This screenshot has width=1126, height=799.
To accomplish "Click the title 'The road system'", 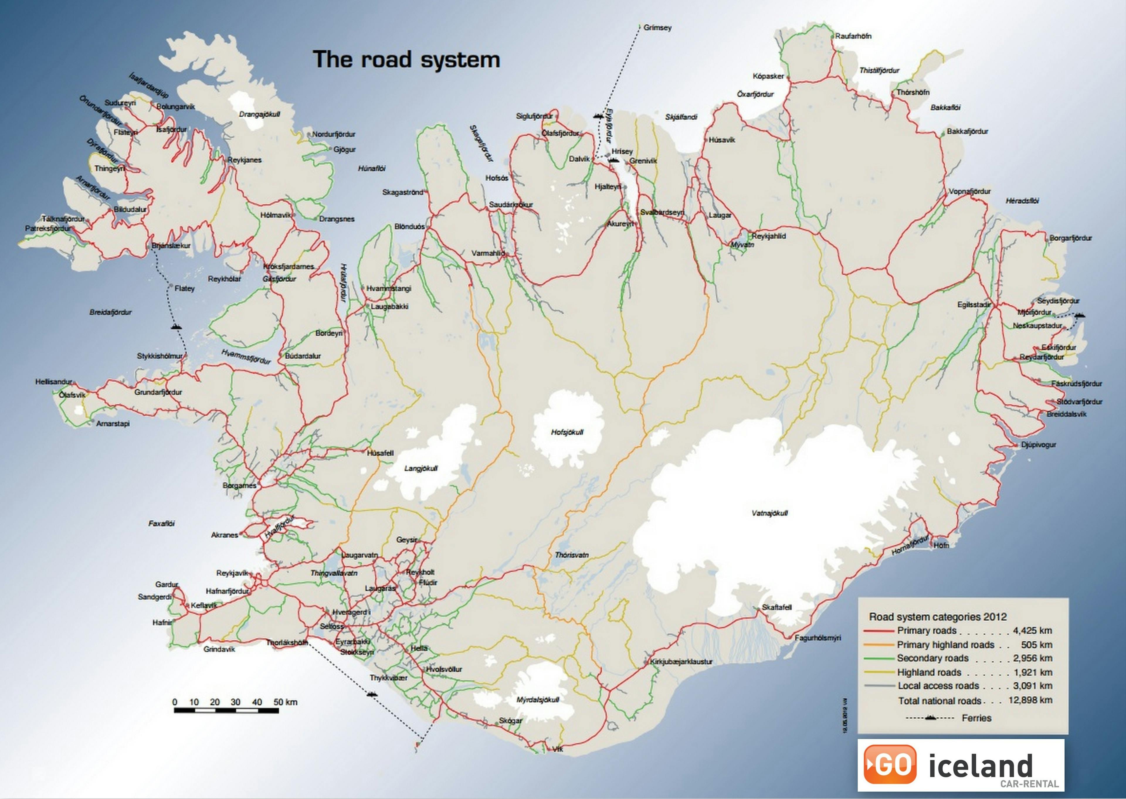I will coord(406,59).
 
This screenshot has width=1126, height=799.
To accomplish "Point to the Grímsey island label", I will coord(657,28).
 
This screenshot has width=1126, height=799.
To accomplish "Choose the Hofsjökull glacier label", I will coord(567,432).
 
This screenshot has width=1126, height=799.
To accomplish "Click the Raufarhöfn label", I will coord(853,36).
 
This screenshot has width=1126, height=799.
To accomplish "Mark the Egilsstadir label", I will coord(974,305).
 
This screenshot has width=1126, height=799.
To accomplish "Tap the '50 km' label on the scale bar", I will coord(285,702).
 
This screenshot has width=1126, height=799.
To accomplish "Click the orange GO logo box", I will coord(890,764).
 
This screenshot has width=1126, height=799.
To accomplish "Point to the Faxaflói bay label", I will coord(161,523).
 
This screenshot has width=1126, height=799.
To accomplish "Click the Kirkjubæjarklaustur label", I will coord(681,662).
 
